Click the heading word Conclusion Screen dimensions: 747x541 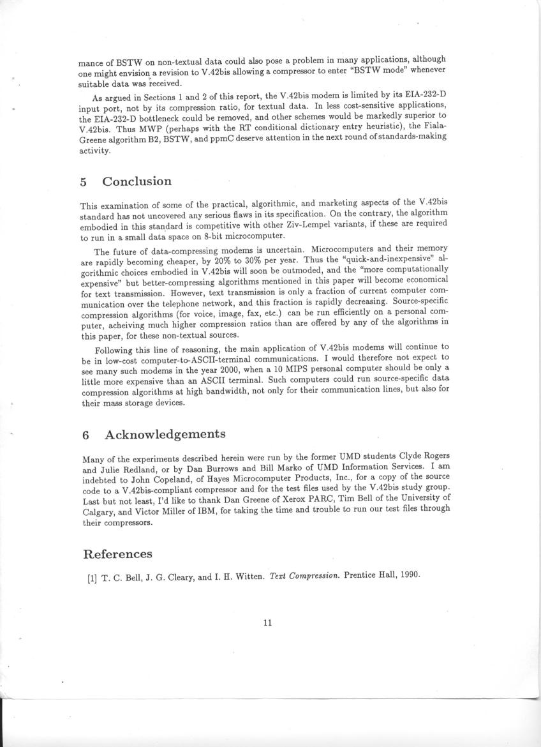(x=137, y=181)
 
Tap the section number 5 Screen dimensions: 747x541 (x=84, y=182)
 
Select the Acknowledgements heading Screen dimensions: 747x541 (x=165, y=435)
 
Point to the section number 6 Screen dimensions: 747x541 (x=85, y=435)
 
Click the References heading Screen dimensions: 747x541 (x=117, y=554)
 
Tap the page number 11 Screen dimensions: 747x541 (x=267, y=623)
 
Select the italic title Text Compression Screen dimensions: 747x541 (x=306, y=575)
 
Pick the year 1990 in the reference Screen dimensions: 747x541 (x=409, y=575)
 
